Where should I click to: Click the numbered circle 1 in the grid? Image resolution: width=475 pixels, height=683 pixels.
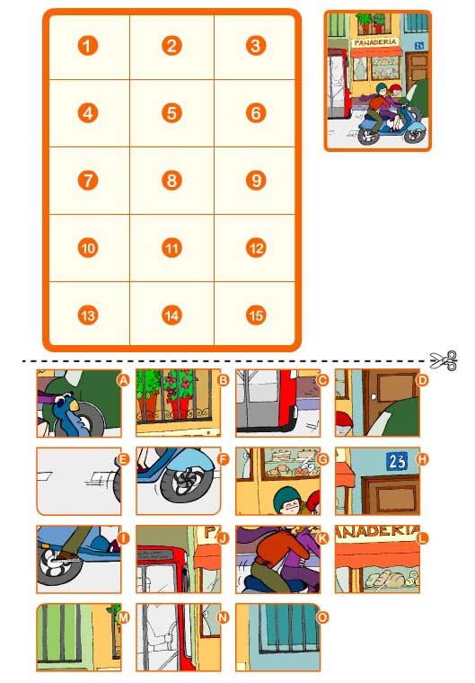87,46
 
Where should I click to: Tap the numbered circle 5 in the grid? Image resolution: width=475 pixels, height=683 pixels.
172,113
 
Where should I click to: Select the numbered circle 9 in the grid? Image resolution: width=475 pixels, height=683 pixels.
256,181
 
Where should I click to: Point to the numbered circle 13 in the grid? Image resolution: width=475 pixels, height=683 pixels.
87,315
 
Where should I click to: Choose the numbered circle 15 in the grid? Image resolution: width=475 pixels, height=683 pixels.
256,315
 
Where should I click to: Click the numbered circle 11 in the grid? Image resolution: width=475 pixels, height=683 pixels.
172,248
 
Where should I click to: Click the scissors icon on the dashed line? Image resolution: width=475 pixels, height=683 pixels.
444,361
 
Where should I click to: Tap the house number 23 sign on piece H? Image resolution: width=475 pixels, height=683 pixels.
397,461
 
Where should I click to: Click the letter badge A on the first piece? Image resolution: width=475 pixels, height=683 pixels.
123,380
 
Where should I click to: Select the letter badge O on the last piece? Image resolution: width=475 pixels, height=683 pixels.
322,616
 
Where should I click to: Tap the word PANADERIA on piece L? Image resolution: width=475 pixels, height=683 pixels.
377,533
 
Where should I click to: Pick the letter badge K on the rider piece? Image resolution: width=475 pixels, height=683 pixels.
322,537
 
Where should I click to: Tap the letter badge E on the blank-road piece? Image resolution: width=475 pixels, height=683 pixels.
123,458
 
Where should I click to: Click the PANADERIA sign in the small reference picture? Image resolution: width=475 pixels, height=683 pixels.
374,41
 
